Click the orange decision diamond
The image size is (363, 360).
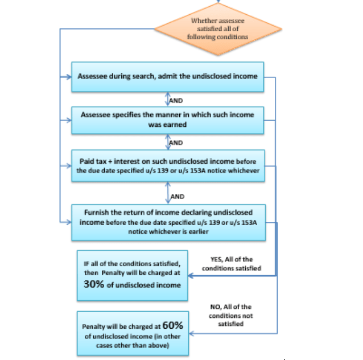point(218,28)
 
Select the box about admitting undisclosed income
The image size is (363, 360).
point(168,76)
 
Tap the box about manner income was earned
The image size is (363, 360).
point(168,119)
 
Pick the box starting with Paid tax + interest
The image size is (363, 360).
point(168,165)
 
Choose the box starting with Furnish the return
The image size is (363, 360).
point(168,221)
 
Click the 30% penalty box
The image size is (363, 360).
point(133,274)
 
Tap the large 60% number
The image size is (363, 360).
point(173,326)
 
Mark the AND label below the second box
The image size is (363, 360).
point(176,143)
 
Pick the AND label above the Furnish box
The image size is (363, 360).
point(177,196)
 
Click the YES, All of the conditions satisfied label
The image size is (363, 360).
point(232,263)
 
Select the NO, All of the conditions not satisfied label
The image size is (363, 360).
point(230,315)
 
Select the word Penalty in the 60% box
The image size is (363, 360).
point(94,328)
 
